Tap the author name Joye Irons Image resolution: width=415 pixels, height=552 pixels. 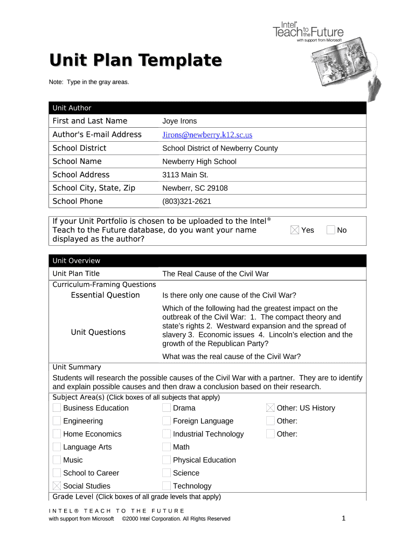click(179, 121)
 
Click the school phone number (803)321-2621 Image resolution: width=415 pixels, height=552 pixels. click(186, 202)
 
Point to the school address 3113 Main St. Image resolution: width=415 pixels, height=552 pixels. click(185, 175)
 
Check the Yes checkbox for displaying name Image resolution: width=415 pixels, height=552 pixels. click(294, 230)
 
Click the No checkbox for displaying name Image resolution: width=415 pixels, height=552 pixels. click(330, 230)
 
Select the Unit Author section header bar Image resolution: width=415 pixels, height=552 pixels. click(207, 108)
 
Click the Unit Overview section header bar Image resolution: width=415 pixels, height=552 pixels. click(207, 261)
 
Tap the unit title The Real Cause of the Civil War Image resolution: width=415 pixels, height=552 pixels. click(215, 274)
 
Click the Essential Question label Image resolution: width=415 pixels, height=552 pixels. click(105, 295)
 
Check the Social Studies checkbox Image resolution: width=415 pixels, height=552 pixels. click(57, 486)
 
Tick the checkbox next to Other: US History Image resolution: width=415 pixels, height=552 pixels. click(271, 408)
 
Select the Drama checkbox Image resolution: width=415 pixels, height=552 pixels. click(167, 408)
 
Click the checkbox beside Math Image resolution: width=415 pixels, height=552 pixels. click(167, 447)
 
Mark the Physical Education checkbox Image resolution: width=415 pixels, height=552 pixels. click(167, 460)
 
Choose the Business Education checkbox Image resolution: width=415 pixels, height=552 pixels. click(57, 408)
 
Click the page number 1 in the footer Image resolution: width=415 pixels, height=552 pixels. click(343, 519)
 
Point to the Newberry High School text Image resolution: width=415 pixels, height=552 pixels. click(199, 162)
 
